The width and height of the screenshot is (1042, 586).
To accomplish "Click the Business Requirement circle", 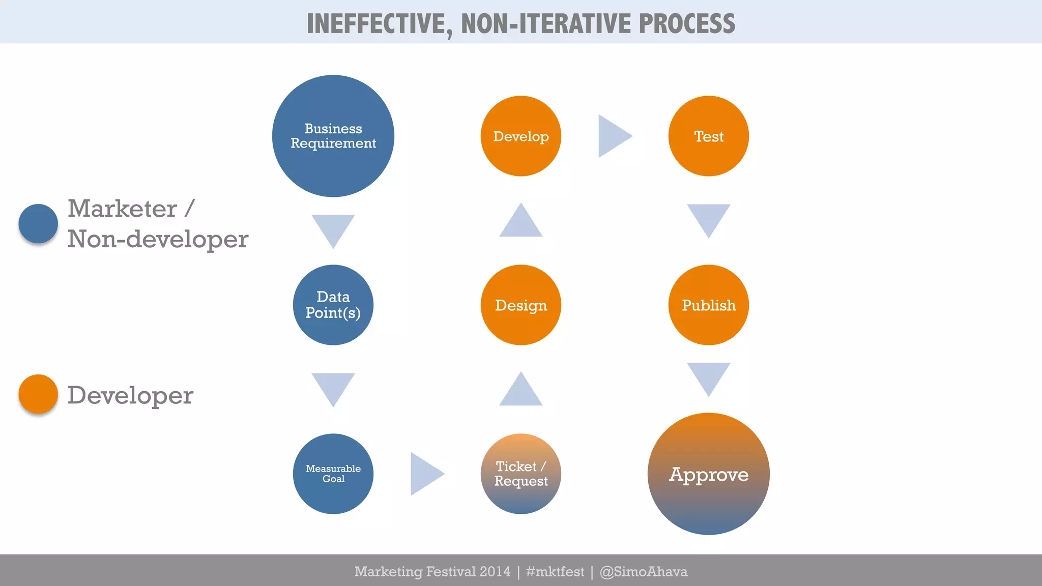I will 333,136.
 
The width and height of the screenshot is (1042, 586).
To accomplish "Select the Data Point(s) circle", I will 333,305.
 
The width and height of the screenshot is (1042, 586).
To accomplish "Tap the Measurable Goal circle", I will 333,474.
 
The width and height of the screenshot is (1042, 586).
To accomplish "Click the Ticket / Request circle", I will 520,474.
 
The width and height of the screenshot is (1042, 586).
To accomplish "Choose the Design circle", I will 520,305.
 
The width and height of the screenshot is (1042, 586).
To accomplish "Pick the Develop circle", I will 520,136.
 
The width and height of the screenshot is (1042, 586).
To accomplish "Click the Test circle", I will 708,136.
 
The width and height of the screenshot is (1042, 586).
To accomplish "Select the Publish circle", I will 708,305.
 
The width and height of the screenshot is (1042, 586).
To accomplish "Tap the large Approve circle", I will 708,474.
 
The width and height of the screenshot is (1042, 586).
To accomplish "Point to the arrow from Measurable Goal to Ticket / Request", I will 425,474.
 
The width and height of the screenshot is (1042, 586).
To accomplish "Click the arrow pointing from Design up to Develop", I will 520,222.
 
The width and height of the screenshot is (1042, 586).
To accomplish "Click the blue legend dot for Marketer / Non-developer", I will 38,223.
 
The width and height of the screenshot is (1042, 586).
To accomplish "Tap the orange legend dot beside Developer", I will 38,394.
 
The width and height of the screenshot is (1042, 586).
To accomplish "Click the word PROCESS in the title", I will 686,23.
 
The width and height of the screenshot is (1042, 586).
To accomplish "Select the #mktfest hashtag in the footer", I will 555,572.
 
